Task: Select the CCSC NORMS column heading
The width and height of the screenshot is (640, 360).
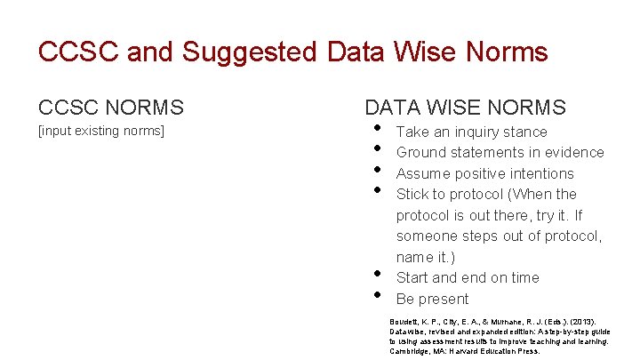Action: (x=111, y=108)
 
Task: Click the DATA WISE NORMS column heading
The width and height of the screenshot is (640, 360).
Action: (x=465, y=108)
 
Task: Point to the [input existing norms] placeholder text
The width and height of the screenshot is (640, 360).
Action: (x=101, y=132)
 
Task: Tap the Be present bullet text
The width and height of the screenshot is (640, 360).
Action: (x=432, y=299)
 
